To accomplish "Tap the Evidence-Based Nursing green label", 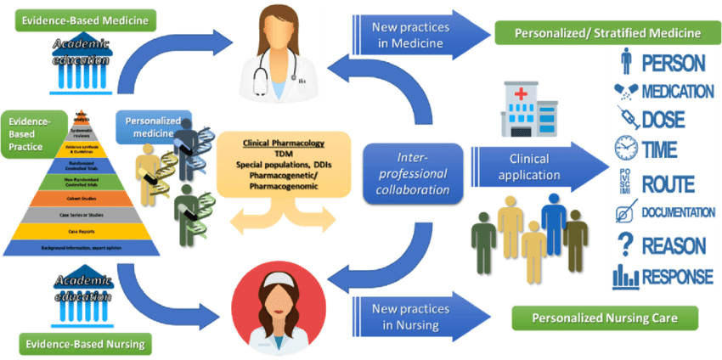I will (x=81, y=344).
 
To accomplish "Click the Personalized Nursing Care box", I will (x=604, y=319).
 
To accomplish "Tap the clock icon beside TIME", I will (x=625, y=149).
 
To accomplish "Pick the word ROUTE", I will (x=668, y=183).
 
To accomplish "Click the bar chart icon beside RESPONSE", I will (x=626, y=276).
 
